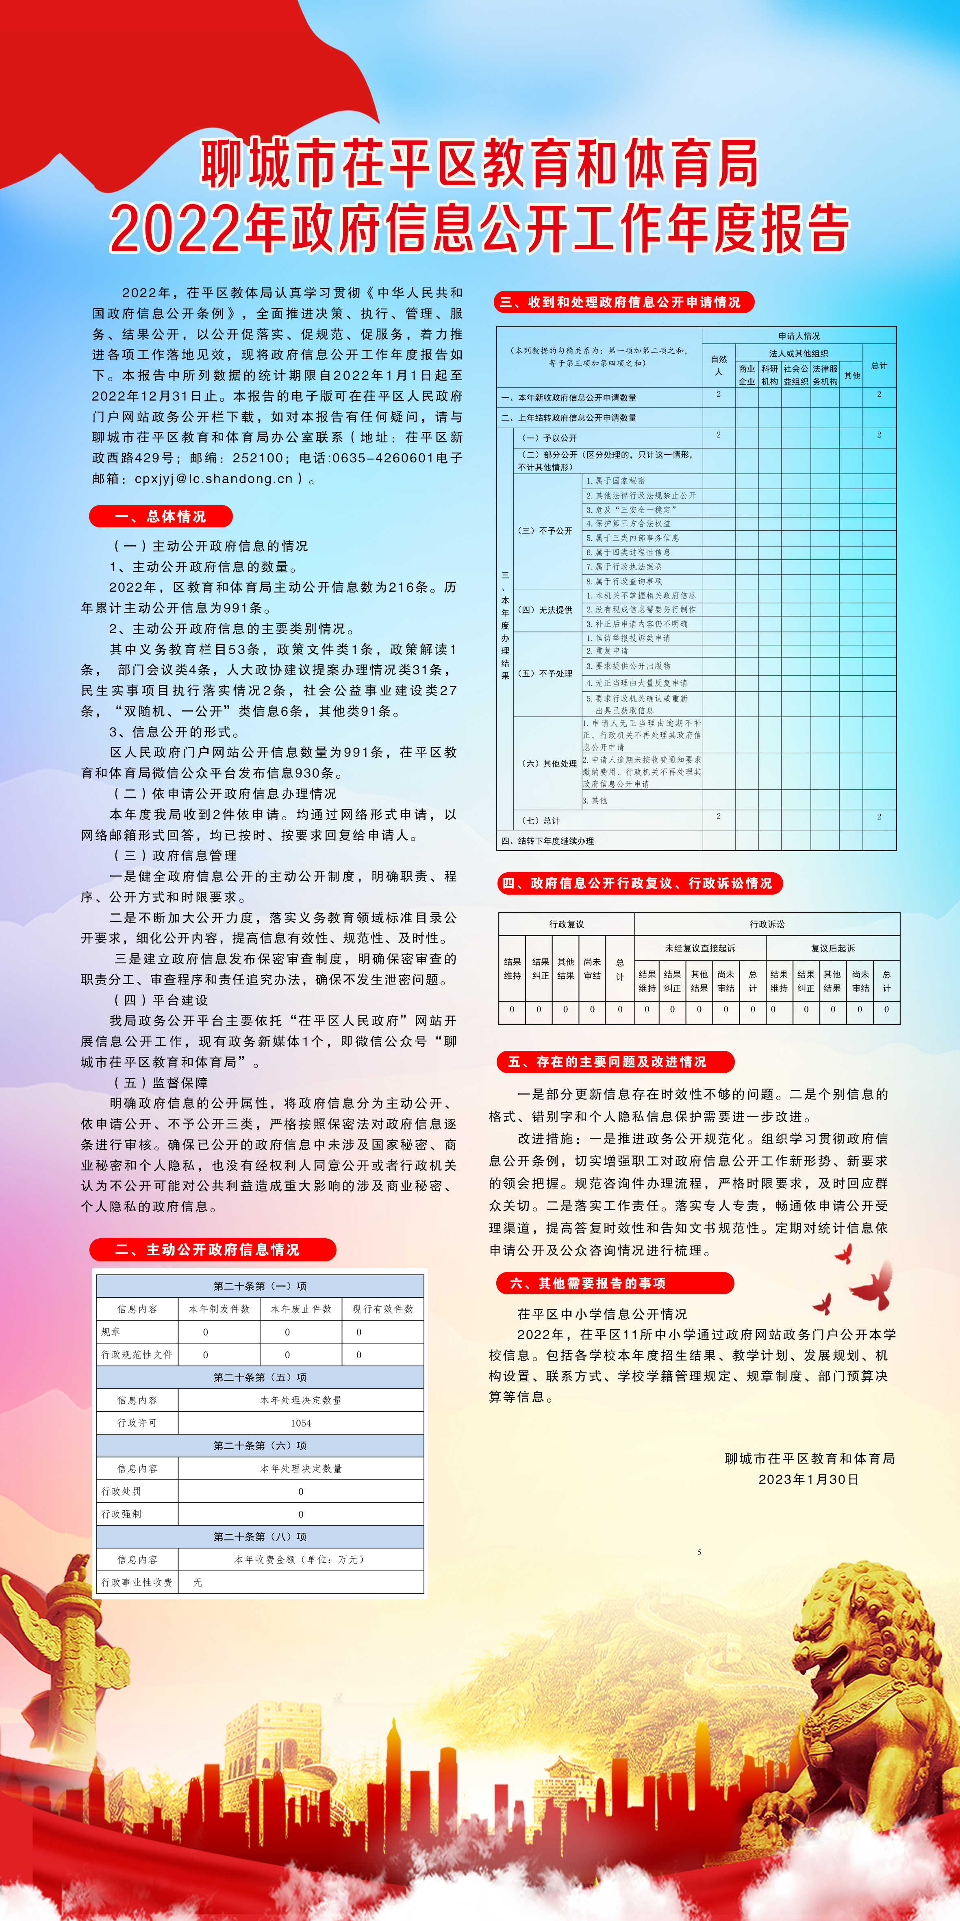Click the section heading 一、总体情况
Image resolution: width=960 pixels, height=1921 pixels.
click(x=160, y=516)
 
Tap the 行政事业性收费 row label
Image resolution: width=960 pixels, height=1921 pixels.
click(x=137, y=1582)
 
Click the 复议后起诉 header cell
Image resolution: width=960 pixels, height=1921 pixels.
click(x=832, y=948)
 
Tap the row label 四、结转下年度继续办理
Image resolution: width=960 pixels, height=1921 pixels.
click(x=548, y=841)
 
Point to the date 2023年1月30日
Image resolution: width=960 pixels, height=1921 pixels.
click(x=809, y=1479)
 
